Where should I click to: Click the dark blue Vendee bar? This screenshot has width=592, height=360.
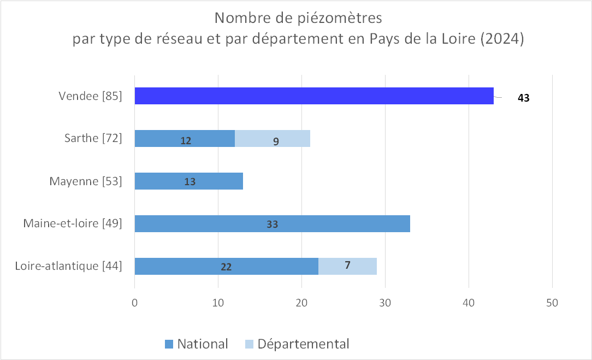point(314,96)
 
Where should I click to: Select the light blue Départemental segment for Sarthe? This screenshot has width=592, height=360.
point(273,139)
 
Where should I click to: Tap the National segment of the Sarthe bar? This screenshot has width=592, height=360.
point(185,139)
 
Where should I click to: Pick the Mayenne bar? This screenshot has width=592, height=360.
point(188,181)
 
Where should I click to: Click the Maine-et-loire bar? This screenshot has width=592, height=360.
point(272,224)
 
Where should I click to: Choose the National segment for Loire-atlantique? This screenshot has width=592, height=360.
point(226,267)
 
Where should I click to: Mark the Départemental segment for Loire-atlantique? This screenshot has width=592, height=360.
point(347,266)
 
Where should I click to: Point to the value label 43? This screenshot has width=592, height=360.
point(524,99)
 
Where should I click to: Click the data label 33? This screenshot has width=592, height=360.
point(273,225)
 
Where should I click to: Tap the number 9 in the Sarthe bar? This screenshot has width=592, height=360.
point(276,141)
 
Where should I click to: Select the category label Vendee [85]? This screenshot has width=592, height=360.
point(90,96)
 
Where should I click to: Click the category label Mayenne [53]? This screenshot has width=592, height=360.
point(85,181)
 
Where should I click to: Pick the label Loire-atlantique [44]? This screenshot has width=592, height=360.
point(68,267)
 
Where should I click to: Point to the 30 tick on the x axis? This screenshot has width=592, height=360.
point(385,302)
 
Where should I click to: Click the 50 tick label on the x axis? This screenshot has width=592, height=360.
point(552,302)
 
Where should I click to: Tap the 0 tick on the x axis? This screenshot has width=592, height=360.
point(134,302)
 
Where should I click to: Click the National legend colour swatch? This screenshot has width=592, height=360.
point(169,344)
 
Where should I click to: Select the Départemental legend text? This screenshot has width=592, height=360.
point(303,344)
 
